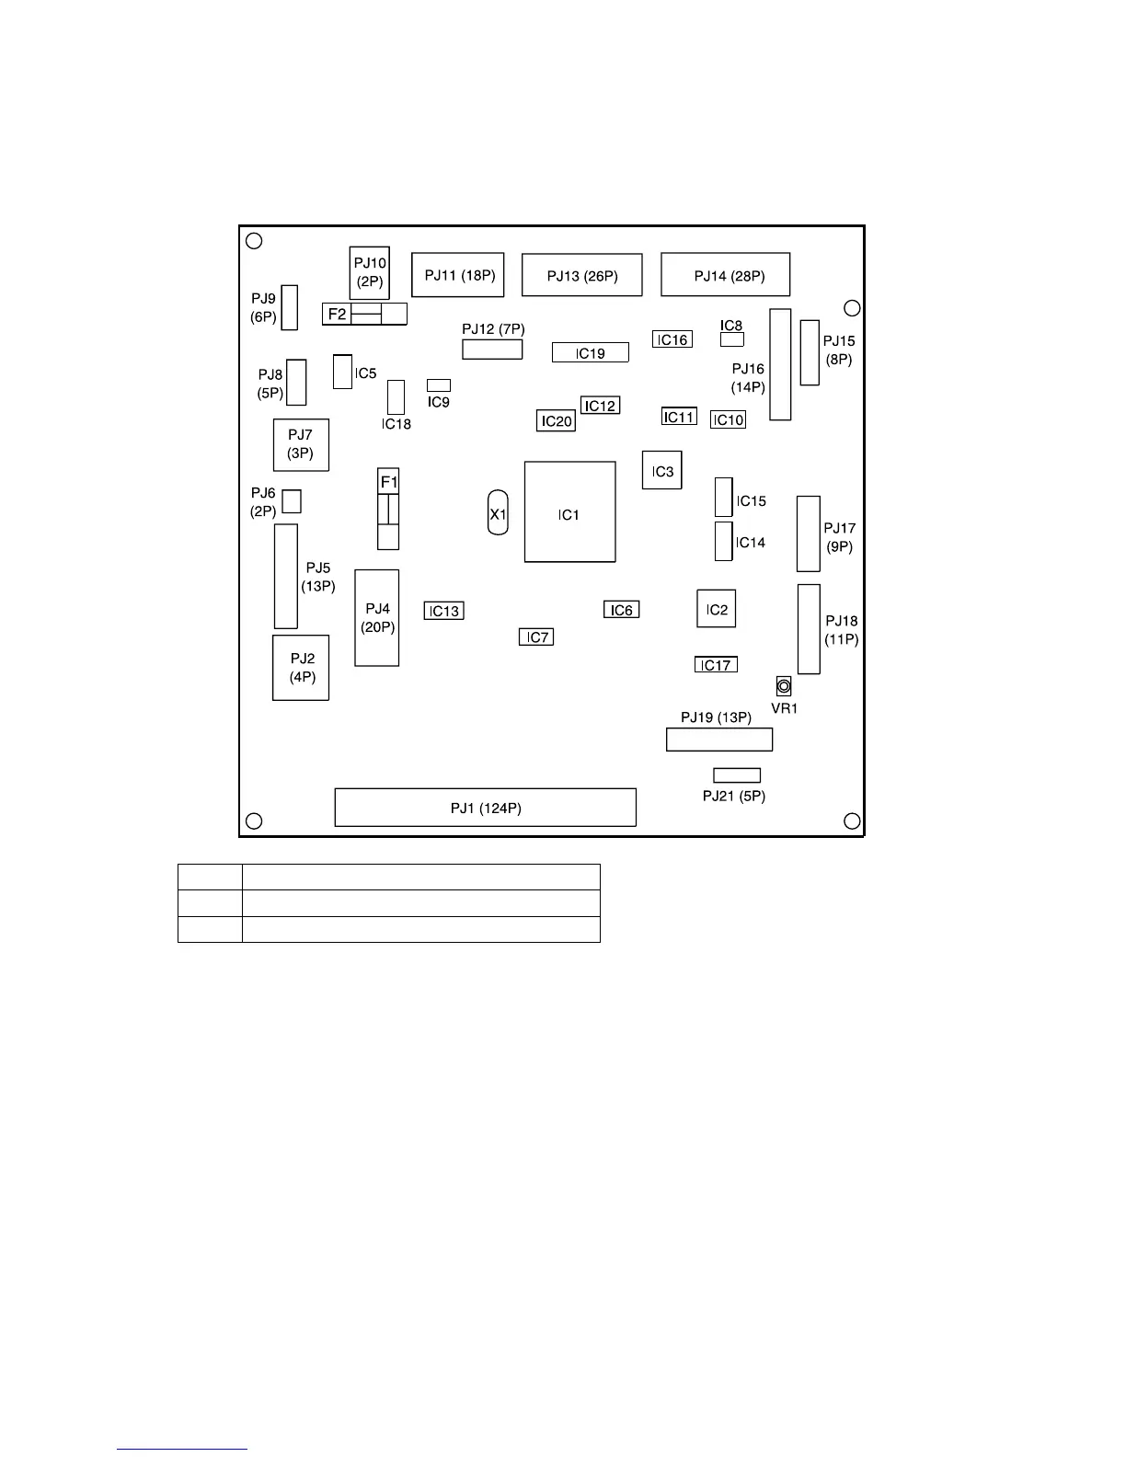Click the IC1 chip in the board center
[569, 511]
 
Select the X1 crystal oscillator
[498, 513]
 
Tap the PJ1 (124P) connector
[485, 807]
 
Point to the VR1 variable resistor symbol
[784, 686]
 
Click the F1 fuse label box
[389, 482]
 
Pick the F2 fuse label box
[338, 314]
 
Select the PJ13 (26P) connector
[581, 275]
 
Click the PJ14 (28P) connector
[725, 274]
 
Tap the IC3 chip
[662, 470]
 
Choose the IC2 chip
[716, 609]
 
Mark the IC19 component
[591, 352]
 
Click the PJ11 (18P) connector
[457, 274]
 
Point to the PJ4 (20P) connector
[377, 617]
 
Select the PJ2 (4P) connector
[301, 667]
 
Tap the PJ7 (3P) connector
[301, 444]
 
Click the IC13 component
[443, 611]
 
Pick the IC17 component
[716, 665]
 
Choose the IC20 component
[557, 421]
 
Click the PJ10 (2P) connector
[369, 271]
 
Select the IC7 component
[536, 637]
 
